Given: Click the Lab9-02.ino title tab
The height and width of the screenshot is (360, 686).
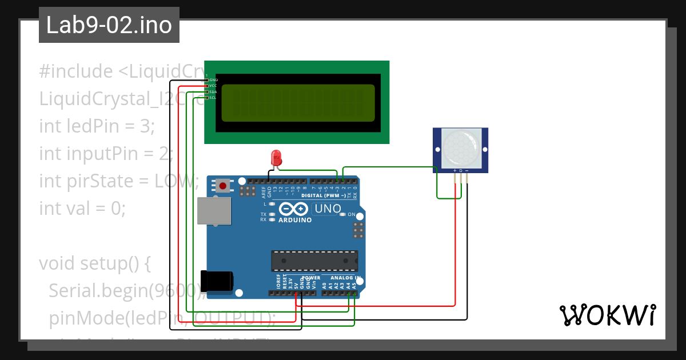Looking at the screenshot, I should [x=109, y=25].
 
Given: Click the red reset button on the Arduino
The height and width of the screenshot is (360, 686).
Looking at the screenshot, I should [x=223, y=185].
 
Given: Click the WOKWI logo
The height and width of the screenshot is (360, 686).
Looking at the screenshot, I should [x=607, y=315].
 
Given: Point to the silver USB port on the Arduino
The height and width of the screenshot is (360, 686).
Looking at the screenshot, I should [x=214, y=211].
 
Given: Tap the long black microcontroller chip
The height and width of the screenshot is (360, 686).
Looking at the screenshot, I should [x=314, y=261].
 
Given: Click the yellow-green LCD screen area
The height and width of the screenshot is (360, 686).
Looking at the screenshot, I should [x=297, y=103].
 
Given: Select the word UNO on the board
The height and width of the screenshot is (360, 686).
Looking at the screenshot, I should [x=328, y=209].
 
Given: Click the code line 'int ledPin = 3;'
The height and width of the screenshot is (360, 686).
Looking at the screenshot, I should [x=97, y=126].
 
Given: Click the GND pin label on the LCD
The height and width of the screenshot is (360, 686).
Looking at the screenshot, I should [x=213, y=80].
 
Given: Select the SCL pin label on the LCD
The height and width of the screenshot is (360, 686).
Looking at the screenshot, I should [x=212, y=98].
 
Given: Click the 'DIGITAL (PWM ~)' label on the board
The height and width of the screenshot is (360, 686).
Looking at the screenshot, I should [x=324, y=195].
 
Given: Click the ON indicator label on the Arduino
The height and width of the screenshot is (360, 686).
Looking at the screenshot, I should [x=352, y=214].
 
